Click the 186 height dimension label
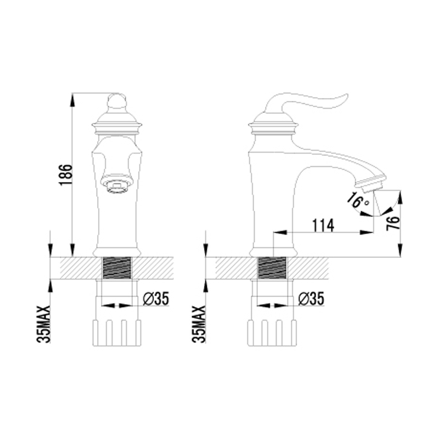[x=65, y=175]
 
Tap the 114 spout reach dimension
[x=323, y=226]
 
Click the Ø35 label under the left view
[x=156, y=299]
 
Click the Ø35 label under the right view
[x=311, y=299]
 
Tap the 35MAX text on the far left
[x=43, y=324]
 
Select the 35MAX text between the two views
[x=199, y=324]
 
